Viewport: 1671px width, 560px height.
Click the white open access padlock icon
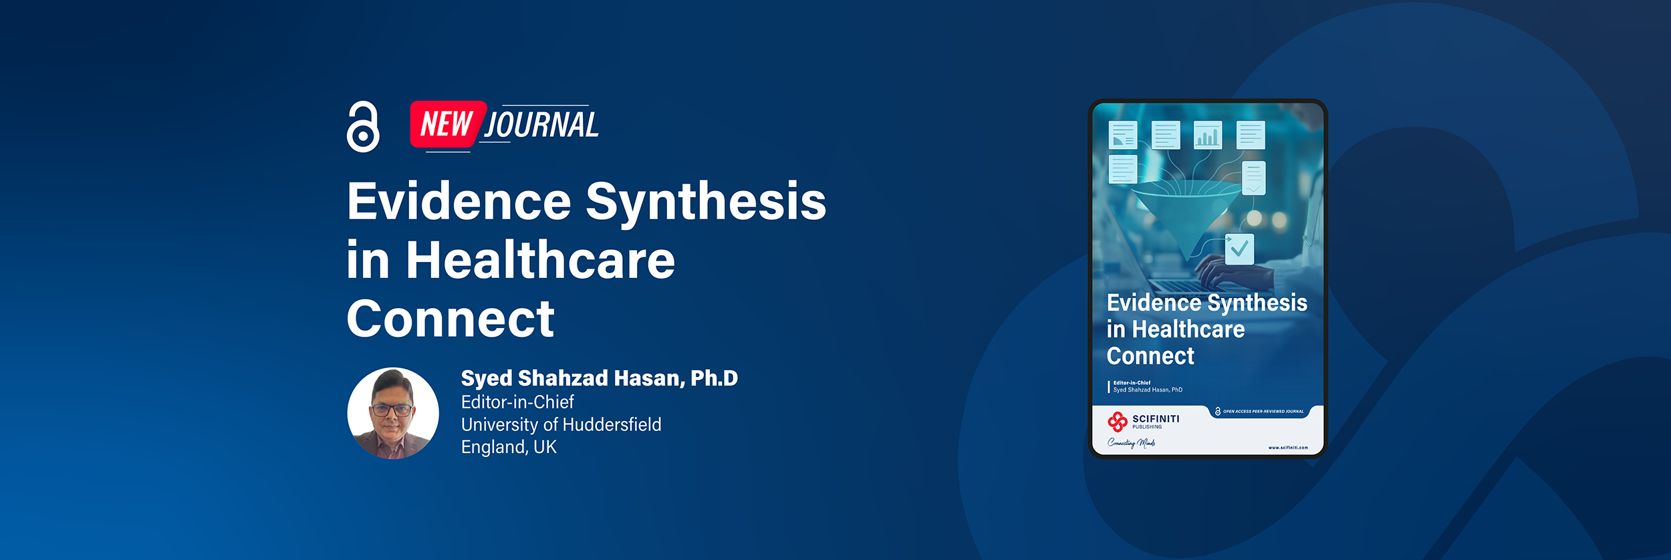363,127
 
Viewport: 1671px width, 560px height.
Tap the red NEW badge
446,124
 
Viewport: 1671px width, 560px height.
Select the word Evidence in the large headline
459,202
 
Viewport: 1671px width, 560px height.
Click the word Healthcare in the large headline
541,260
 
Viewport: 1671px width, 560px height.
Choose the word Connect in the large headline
451,319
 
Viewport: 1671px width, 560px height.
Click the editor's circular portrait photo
393,413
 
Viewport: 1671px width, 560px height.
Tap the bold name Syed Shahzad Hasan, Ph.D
600,378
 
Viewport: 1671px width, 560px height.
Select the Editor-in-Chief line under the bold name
517,402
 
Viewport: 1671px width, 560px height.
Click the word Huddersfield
612,424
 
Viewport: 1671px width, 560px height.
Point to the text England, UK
509,447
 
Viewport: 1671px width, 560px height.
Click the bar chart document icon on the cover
1208,135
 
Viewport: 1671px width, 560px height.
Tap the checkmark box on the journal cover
1239,249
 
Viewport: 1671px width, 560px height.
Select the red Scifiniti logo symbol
1118,422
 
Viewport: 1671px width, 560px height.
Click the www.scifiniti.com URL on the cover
1288,448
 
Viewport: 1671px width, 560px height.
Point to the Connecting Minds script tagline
1131,442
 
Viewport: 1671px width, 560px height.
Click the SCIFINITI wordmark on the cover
1156,419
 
